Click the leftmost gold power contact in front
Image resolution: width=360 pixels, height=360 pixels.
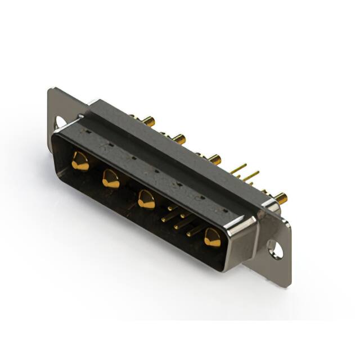tap(80, 161)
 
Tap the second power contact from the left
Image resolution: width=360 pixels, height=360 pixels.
tap(111, 179)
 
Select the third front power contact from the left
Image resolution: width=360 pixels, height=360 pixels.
tap(146, 200)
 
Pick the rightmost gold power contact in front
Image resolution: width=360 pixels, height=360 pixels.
tap(212, 238)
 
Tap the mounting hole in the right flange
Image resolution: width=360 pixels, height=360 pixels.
tap(275, 248)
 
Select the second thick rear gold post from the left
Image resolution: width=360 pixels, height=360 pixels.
tap(178, 138)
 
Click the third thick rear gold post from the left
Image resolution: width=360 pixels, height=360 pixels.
tap(214, 159)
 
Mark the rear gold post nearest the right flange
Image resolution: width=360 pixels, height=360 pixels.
tap(280, 197)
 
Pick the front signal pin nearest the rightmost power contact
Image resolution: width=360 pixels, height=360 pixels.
tap(194, 230)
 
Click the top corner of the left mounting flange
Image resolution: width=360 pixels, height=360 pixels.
tap(52, 90)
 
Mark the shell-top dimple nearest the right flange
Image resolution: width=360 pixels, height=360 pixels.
tap(225, 211)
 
